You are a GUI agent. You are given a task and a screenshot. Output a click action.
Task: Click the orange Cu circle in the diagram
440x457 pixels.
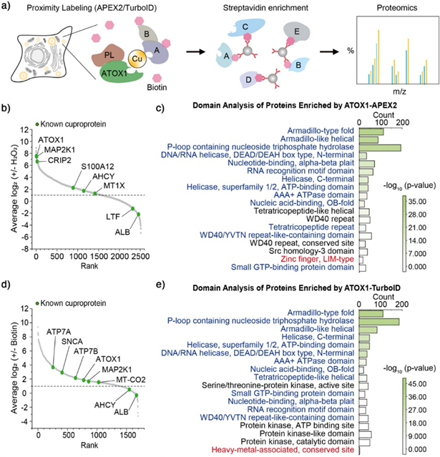[137, 59]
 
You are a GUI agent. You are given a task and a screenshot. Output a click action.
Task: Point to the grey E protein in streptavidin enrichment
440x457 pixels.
[296, 32]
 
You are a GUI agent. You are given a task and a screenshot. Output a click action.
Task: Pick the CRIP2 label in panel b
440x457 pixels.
[59, 160]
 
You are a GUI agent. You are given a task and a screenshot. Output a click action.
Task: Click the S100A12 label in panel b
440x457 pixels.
[97, 167]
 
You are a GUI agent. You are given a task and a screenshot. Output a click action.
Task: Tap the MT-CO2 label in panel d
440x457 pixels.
[131, 380]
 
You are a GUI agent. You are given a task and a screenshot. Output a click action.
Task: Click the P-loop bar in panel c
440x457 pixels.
[380, 147]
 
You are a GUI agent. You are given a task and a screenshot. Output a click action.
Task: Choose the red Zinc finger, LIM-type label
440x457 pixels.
[317, 259]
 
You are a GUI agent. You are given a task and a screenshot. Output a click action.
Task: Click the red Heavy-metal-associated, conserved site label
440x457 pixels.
[283, 449]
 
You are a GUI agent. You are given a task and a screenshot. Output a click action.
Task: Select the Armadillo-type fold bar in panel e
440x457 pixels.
[371, 313]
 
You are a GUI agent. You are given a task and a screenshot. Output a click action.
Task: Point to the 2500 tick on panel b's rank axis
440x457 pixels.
[140, 257]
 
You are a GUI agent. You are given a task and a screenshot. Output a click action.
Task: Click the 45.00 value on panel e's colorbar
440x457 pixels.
[417, 384]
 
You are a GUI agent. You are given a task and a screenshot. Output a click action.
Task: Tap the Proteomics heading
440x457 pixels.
[397, 8]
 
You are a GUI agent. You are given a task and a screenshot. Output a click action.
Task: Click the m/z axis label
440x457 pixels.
[399, 92]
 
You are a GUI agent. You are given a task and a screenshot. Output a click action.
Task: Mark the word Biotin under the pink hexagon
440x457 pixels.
[157, 87]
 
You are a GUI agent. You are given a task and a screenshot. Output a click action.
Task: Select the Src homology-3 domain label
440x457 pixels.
[311, 251]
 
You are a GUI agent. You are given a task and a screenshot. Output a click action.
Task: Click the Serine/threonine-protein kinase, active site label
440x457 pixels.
[278, 385]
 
